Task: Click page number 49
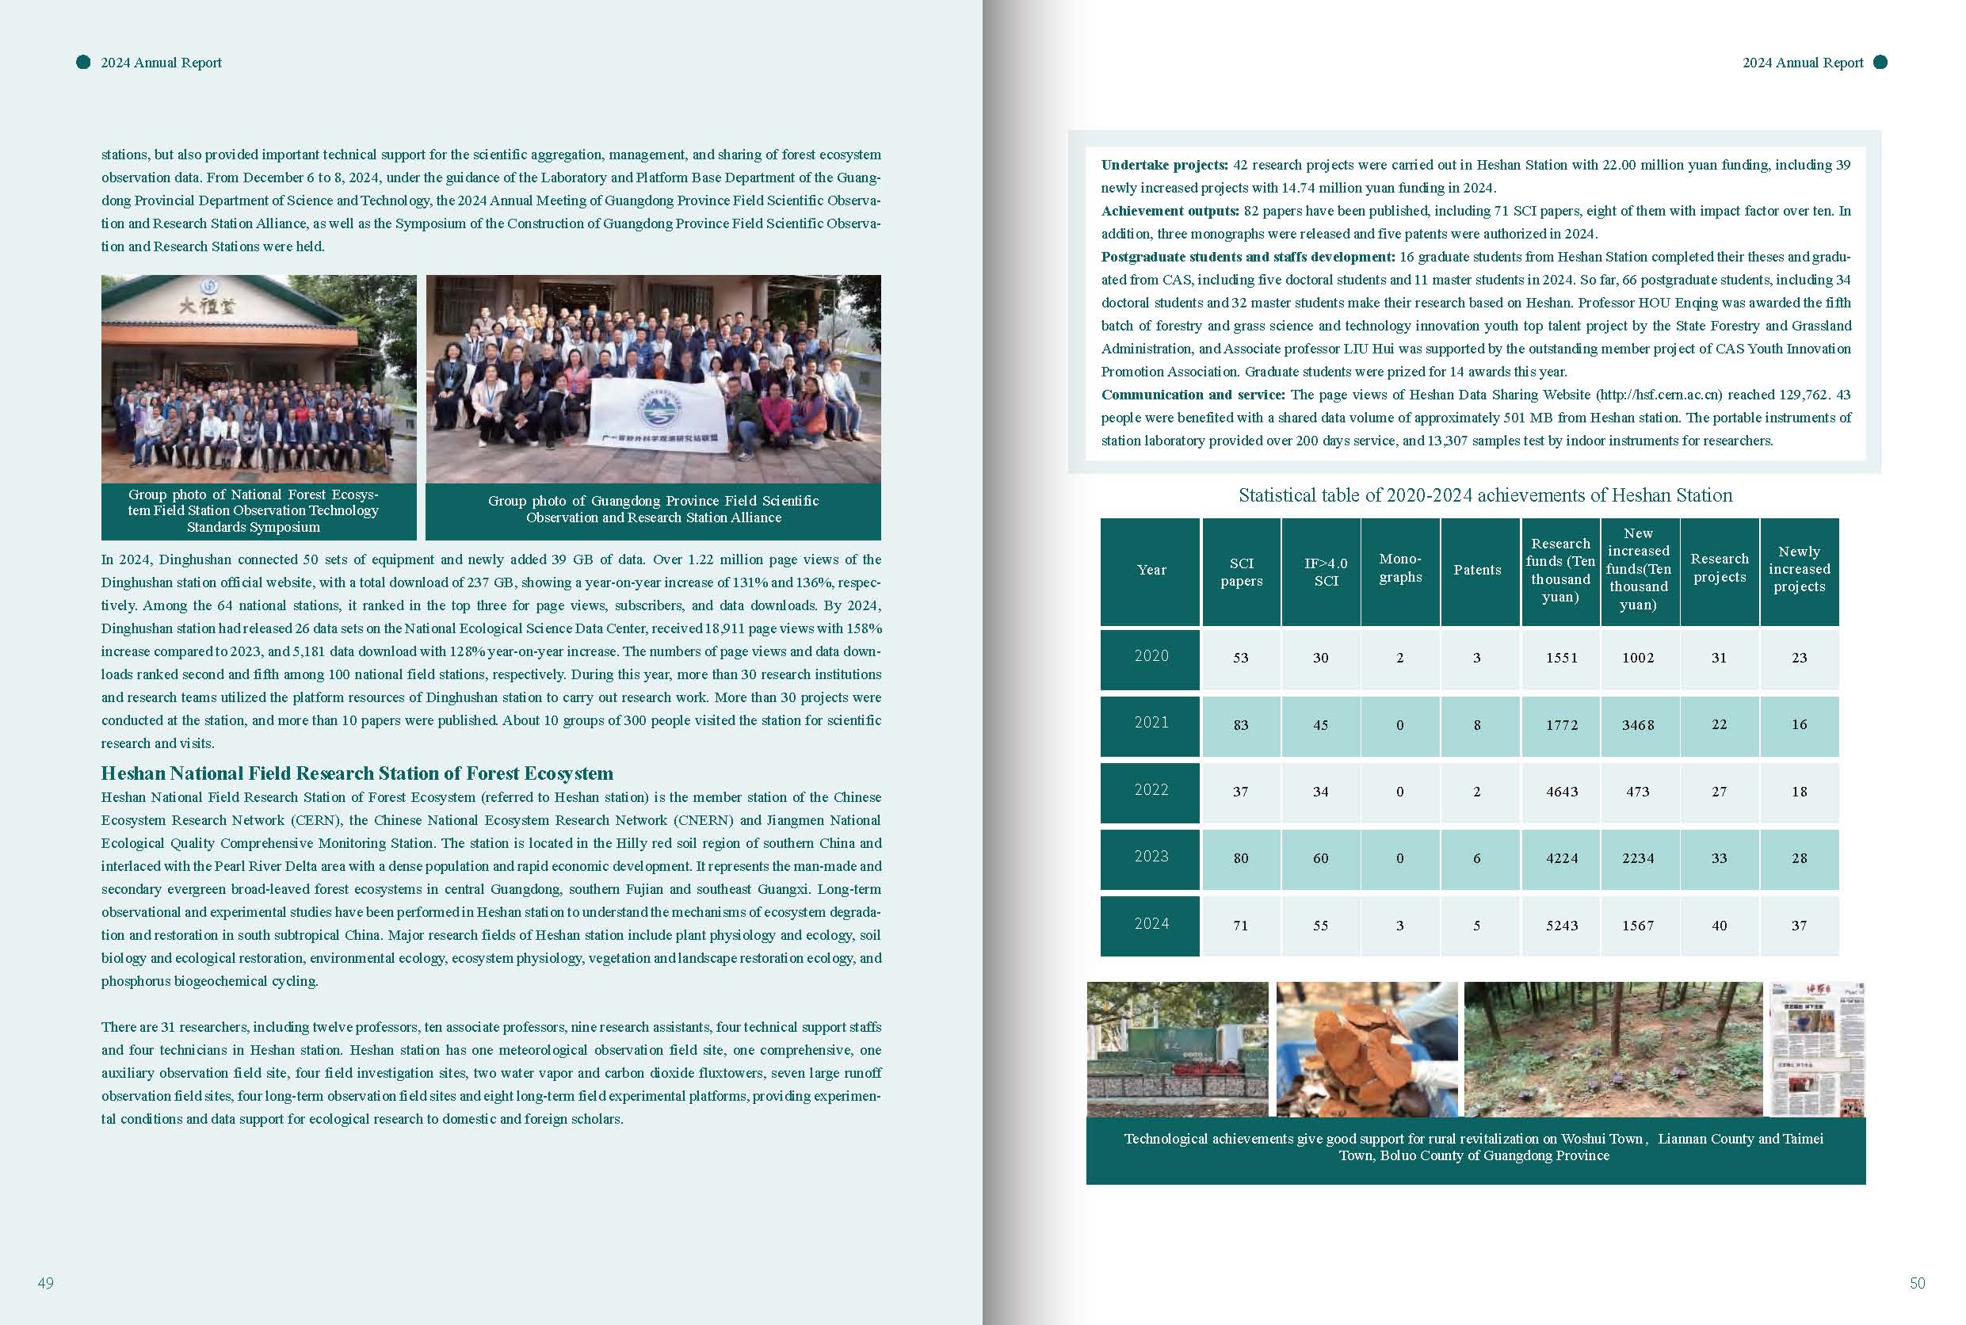[46, 1283]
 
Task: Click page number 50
[1917, 1283]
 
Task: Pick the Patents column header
[1477, 571]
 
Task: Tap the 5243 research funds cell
[1561, 926]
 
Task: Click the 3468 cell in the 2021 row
[1637, 725]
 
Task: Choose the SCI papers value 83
[1240, 725]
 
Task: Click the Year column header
[1151, 571]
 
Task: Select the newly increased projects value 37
[1799, 926]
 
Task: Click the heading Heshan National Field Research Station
[357, 773]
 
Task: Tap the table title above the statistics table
[1484, 495]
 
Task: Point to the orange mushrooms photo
[1366, 1048]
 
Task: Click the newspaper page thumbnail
[1816, 1048]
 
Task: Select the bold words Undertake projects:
[1164, 165]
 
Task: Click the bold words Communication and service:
[1192, 395]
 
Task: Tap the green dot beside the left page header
[82, 62]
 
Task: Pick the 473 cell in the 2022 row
[1637, 792]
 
